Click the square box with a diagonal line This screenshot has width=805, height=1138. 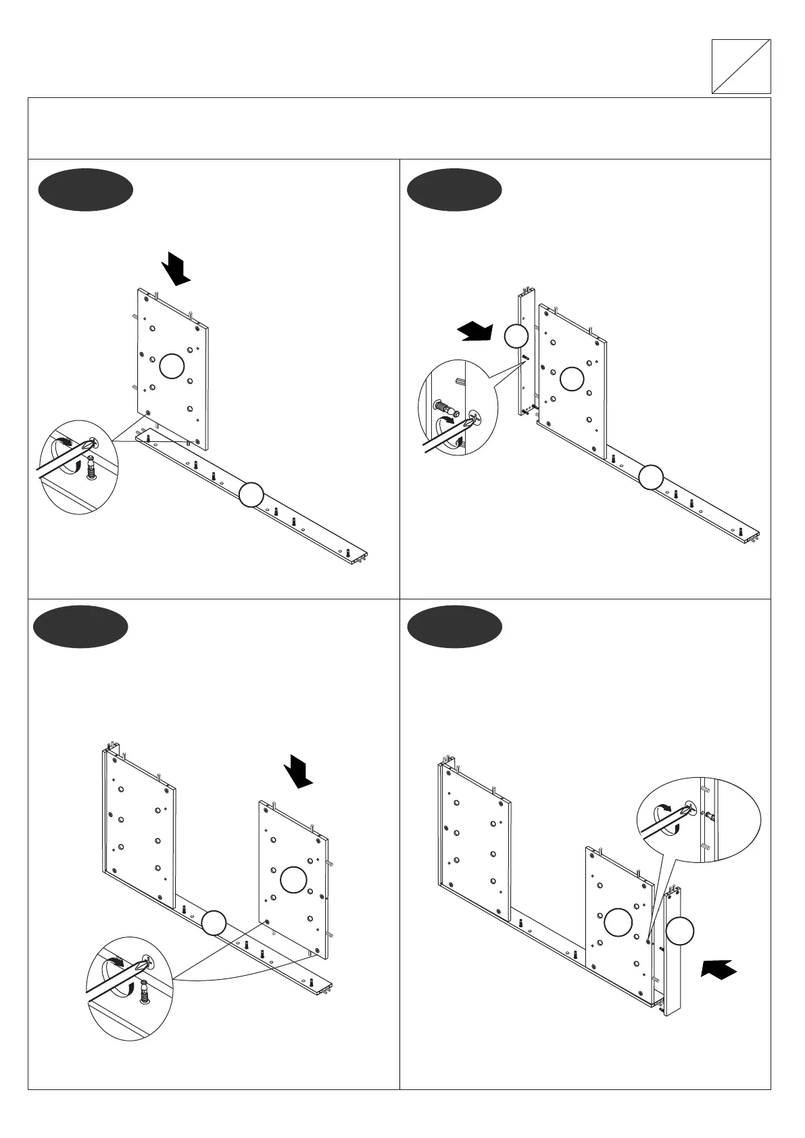click(x=741, y=66)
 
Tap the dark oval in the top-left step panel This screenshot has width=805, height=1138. click(x=85, y=190)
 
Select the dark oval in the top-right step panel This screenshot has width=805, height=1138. click(x=454, y=190)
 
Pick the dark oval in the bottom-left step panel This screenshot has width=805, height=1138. click(x=81, y=626)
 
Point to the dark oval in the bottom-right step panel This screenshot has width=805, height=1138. click(x=454, y=626)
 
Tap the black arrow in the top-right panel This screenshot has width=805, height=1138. click(x=476, y=332)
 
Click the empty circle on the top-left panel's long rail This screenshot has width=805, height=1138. click(x=251, y=495)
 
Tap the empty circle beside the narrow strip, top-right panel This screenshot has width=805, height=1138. click(x=516, y=336)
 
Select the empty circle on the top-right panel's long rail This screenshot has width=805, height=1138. click(x=652, y=477)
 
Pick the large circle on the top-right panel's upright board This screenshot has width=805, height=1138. click(x=572, y=378)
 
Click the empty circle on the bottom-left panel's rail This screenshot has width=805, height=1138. click(x=214, y=923)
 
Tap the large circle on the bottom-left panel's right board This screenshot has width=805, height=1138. click(x=293, y=880)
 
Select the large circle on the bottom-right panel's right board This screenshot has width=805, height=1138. click(x=618, y=923)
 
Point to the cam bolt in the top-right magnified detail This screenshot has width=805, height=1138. click(x=443, y=409)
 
